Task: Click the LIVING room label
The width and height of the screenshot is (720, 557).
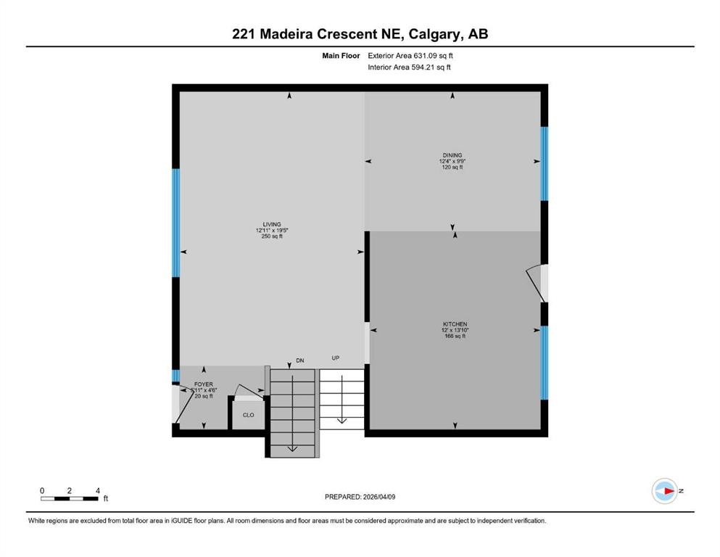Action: click(x=272, y=224)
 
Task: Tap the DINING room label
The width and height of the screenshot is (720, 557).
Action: click(x=452, y=154)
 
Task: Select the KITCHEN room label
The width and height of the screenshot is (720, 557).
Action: click(x=455, y=324)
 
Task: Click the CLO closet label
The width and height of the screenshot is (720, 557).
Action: click(x=248, y=416)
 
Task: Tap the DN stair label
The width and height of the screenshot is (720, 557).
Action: click(x=300, y=360)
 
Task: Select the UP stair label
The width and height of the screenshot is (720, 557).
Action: click(x=336, y=358)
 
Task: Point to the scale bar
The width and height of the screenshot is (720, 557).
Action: click(x=70, y=498)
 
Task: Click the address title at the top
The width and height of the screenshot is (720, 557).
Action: click(x=360, y=33)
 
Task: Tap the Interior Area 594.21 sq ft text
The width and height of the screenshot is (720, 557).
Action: click(x=409, y=67)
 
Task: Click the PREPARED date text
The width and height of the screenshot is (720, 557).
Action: click(x=360, y=497)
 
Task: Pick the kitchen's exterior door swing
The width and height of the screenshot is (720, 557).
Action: click(x=535, y=283)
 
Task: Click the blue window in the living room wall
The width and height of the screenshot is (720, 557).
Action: click(x=175, y=223)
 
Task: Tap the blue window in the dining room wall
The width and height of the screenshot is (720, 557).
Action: click(x=545, y=164)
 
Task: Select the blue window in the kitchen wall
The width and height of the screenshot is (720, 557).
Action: click(x=545, y=363)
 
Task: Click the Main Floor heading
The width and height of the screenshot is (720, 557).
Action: click(x=342, y=55)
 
